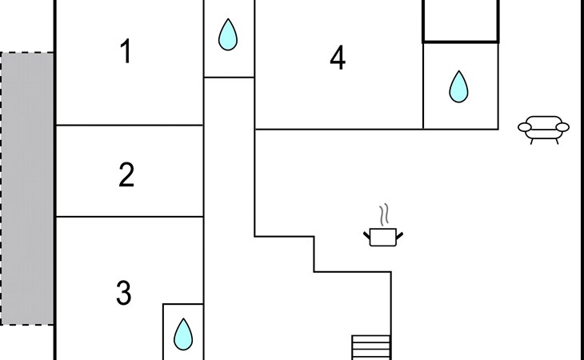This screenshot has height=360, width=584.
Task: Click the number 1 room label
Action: [125, 52]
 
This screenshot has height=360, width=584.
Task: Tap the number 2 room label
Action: [126, 175]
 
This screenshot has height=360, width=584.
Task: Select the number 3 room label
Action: [123, 294]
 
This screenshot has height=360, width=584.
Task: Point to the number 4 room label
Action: [338, 58]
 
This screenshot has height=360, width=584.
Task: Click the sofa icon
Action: [544, 127]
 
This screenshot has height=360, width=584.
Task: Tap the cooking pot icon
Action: [383, 237]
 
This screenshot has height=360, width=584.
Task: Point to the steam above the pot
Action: [385, 214]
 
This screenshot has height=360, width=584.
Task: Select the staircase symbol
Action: [371, 347]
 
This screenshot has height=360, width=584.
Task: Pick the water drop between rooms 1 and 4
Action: [229, 34]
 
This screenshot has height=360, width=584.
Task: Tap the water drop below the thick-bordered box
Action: [458, 86]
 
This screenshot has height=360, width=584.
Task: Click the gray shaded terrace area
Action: [27, 188]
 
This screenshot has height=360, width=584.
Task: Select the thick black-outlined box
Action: [461, 21]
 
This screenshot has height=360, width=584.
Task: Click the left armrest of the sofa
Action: [525, 126]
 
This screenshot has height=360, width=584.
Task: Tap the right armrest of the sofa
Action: [563, 126]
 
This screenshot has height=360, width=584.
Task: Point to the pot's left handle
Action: [367, 233]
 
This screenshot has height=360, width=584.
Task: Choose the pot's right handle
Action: [399, 233]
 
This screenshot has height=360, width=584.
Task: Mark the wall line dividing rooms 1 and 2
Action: [128, 125]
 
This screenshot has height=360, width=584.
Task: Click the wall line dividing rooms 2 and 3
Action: [128, 216]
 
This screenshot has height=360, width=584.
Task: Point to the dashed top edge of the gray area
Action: [27, 53]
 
